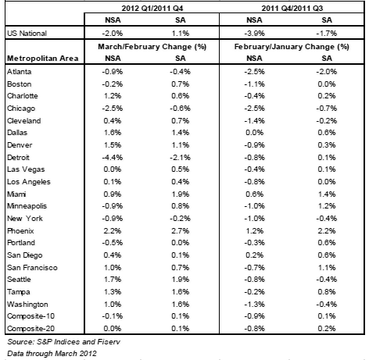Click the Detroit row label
pos(18,158)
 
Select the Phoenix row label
pos(20,231)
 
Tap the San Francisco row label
pos(32,268)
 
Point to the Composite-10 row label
pos(30,316)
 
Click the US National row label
pos(27,34)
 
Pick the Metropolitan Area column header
pos(43,59)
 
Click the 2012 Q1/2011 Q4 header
pos(152,9)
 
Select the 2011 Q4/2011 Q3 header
pos(292,9)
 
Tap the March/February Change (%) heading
pos(152,47)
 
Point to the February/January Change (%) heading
pos(292,47)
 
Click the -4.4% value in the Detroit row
pos(113,158)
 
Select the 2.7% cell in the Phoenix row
pos(181,231)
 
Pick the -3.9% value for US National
pos(254,34)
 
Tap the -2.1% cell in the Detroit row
pos(180,158)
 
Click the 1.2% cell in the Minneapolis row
pos(327,206)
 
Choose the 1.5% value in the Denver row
pos(113,145)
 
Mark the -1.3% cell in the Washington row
pos(254,305)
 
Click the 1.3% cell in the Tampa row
pos(113,292)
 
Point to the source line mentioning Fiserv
pos(64,342)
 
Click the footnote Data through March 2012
pos(52,354)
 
